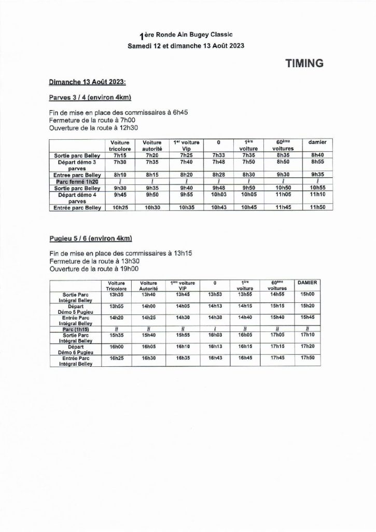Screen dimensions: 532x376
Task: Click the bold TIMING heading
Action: pos(304,63)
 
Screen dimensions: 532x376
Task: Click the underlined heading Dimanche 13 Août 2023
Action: pos(87,82)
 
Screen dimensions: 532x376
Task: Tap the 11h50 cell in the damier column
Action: pos(317,208)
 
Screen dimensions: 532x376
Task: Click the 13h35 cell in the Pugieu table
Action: pos(116,294)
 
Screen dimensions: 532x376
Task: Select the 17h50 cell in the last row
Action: pos(308,358)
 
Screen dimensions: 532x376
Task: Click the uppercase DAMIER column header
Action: pos(308,282)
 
